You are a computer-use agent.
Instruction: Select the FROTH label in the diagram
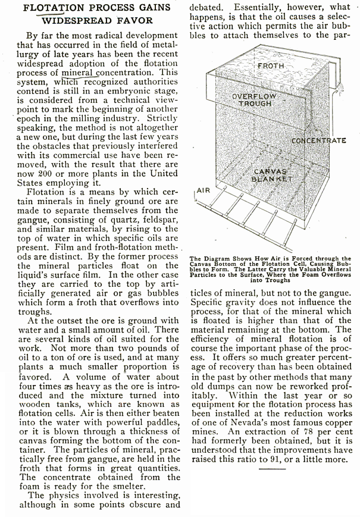[x=271, y=65]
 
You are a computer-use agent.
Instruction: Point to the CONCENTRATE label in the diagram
[x=319, y=140]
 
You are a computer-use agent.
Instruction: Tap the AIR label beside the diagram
[x=204, y=192]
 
